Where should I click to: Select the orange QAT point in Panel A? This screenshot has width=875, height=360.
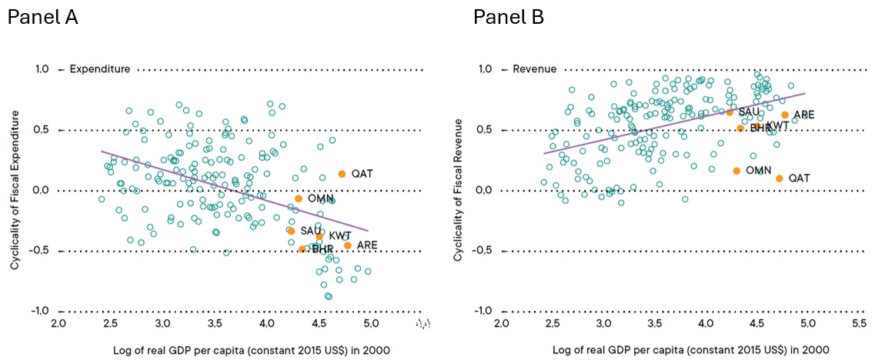[342, 174]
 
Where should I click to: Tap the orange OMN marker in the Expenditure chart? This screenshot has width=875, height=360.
[299, 198]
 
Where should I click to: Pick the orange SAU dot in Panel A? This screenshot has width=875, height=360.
[291, 231]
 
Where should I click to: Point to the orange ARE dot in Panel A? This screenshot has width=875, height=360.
[348, 245]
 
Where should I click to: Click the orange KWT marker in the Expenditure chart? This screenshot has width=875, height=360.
[319, 236]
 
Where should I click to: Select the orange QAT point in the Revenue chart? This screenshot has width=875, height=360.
[779, 178]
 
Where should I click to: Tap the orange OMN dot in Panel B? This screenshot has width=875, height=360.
[736, 171]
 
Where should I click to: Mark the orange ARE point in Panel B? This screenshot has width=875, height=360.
[785, 115]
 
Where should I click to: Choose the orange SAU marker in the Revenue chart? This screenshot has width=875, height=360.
[730, 112]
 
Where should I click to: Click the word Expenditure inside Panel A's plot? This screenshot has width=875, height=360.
[99, 69]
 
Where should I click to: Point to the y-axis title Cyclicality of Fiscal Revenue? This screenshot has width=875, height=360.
[458, 189]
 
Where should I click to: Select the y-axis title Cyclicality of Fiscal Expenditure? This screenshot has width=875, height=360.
[15, 189]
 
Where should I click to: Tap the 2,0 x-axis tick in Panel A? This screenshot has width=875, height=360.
[58, 324]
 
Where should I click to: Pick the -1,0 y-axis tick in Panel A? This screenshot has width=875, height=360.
[39, 311]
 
